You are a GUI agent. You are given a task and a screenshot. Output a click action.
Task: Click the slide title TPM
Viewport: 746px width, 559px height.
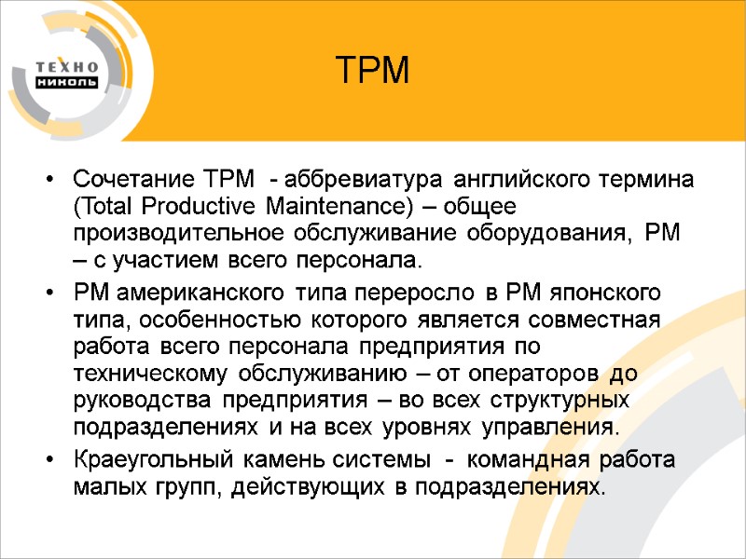click(x=372, y=71)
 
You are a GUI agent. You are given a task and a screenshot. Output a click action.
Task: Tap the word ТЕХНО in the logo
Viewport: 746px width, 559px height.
click(x=66, y=66)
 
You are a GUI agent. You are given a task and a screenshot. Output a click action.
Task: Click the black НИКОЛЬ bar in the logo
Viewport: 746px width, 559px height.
click(x=66, y=82)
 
